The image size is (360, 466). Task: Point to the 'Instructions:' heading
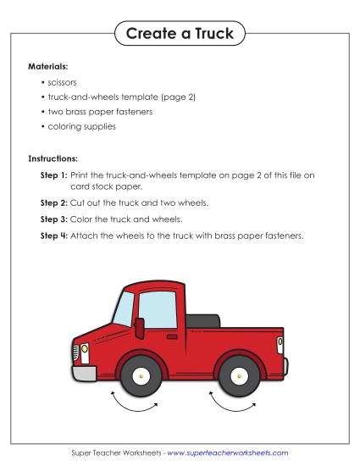(53, 158)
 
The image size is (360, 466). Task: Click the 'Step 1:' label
(53, 175)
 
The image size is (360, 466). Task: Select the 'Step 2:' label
(53, 203)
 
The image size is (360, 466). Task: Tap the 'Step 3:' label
(53, 219)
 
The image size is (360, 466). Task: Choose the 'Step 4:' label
(53, 235)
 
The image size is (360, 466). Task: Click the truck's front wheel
(141, 375)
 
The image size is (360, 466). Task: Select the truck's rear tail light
(280, 342)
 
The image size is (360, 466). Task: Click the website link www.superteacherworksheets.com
(228, 453)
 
